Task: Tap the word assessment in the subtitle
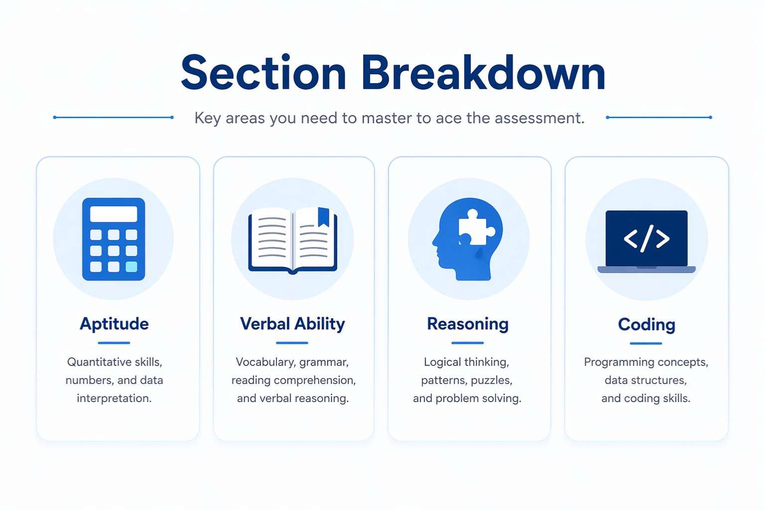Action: coord(539,118)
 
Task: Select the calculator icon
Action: coord(114,239)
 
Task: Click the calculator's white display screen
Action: coord(114,214)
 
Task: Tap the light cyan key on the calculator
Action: coord(131,266)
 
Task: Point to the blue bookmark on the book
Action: coord(323,217)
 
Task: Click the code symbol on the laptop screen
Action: coord(646,239)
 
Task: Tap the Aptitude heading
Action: coord(114,324)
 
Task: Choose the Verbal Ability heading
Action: coord(292,324)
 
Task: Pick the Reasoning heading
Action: coord(468,324)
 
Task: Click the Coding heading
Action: coord(646,325)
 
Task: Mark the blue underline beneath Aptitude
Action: coord(114,343)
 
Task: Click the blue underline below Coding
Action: coord(646,343)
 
